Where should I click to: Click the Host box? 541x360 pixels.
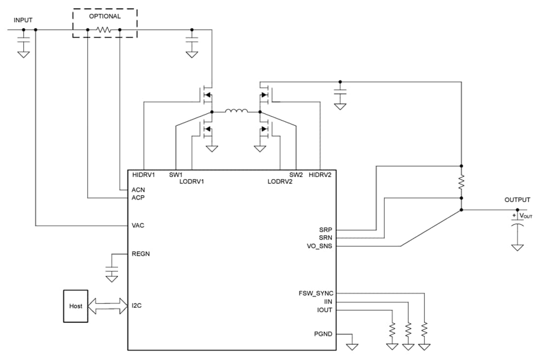coord(76,306)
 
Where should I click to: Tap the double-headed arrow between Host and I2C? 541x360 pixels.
coord(108,306)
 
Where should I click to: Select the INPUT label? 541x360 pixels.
coord(23,20)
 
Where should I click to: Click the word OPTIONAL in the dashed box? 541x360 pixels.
coord(105,16)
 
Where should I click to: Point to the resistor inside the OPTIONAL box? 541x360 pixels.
coord(104,30)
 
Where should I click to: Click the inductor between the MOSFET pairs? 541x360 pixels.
coord(236,111)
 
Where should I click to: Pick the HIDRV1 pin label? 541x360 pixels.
coord(144,175)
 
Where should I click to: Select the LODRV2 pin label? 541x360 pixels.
coord(280,181)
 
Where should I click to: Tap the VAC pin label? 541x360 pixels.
coord(138,226)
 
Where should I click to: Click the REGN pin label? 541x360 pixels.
coord(140,254)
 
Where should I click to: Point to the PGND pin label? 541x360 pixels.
coord(323,334)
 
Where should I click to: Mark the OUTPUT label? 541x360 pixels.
coord(517,200)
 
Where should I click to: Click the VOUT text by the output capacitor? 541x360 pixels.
coord(526,216)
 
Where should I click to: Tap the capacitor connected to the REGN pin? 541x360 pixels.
coord(112,271)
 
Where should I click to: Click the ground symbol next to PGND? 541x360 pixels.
coord(352,346)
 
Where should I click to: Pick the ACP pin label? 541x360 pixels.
coord(138,198)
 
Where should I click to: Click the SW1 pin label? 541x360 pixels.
coord(176,175)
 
